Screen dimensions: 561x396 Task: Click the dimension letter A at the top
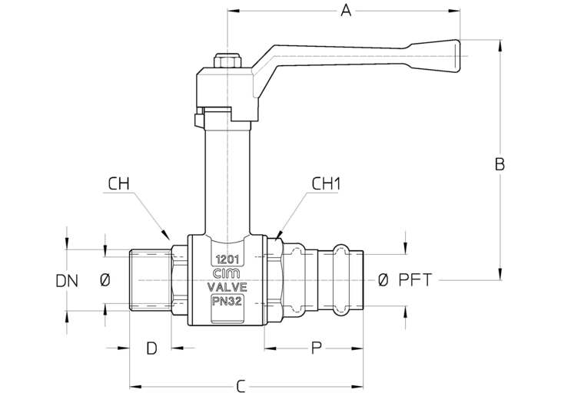tap(346, 11)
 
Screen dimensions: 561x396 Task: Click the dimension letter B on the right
tap(500, 164)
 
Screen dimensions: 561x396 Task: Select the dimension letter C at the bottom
tap(241, 387)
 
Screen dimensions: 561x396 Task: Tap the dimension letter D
tap(151, 348)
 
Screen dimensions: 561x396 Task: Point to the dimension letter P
tap(316, 348)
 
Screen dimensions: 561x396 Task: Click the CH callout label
tap(118, 184)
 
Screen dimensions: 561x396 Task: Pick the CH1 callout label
tap(327, 184)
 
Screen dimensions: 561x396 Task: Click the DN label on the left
tap(67, 281)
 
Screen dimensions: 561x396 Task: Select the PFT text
tap(416, 280)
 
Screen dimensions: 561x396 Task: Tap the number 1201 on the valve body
tap(227, 259)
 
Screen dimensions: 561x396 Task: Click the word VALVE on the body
tap(227, 287)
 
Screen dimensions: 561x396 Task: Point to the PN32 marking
tap(227, 302)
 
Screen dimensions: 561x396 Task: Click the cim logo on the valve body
tap(227, 274)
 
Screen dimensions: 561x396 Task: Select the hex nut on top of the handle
tap(227, 61)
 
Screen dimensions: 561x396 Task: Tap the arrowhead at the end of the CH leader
tap(166, 235)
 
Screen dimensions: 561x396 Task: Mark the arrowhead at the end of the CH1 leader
tap(277, 235)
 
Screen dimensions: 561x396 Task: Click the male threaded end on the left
tap(151, 281)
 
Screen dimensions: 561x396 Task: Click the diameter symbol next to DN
tap(105, 281)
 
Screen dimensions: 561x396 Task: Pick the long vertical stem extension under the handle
tap(227, 179)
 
